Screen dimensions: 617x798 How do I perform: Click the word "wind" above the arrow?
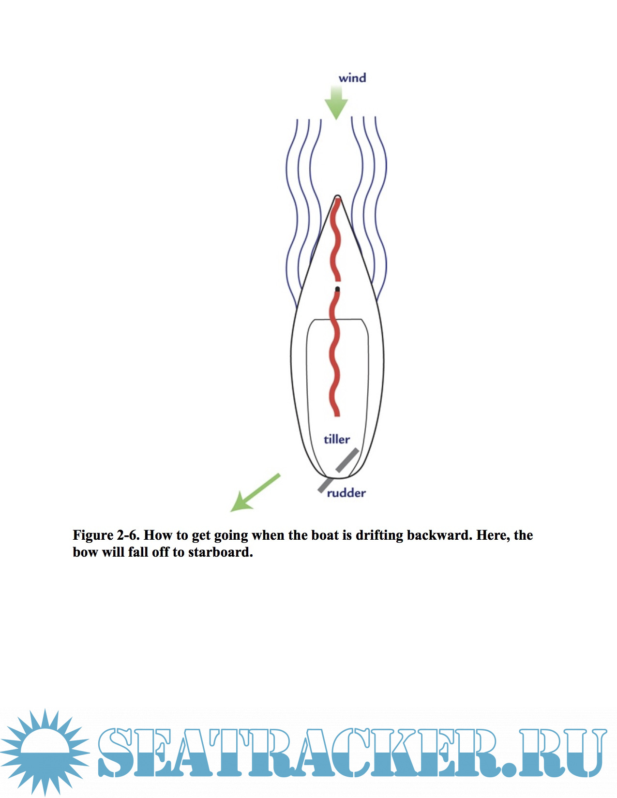352,78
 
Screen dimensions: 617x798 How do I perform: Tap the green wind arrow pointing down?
336,103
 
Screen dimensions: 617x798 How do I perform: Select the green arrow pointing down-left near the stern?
255,492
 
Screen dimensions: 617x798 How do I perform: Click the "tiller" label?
337,439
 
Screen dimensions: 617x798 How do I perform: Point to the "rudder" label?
346,493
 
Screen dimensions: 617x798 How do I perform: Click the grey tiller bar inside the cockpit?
347,460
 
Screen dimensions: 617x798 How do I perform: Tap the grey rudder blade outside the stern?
323,485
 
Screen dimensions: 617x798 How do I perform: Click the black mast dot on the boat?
337,289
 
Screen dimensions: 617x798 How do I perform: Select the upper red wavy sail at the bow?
336,239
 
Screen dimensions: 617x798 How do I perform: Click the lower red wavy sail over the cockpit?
335,353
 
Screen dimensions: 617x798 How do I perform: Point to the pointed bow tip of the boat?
337,196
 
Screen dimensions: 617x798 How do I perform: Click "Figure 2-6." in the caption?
106,535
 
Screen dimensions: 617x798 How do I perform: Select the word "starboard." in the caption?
221,552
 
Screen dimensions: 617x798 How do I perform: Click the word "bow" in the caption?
85,552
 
